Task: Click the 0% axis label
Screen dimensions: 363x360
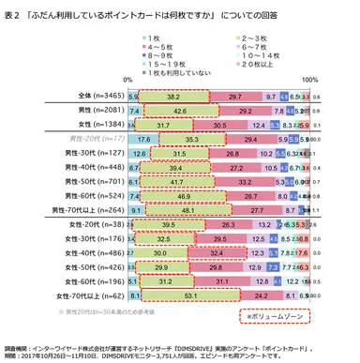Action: (128, 82)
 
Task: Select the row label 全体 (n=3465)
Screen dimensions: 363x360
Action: (97, 96)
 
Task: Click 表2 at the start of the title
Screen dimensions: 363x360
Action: (13, 10)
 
